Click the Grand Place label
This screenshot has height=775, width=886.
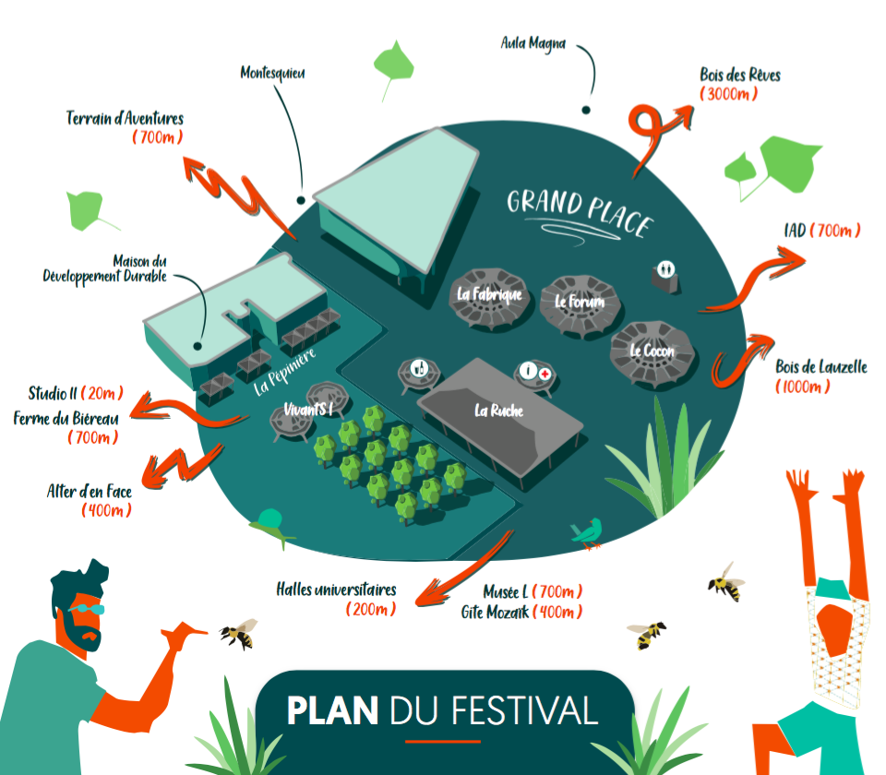click(581, 212)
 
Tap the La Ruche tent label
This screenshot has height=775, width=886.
click(498, 411)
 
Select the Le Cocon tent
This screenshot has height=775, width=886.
click(652, 354)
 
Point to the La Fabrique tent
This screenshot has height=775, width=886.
click(489, 298)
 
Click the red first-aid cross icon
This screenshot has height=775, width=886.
click(545, 374)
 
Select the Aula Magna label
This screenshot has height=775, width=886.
click(533, 43)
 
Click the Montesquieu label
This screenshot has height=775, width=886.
click(272, 74)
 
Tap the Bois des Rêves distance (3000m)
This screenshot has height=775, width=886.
click(728, 94)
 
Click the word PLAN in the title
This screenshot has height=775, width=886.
click(332, 710)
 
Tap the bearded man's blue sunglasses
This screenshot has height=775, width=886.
click(88, 609)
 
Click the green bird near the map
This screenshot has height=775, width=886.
click(588, 532)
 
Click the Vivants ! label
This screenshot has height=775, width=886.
click(308, 409)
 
